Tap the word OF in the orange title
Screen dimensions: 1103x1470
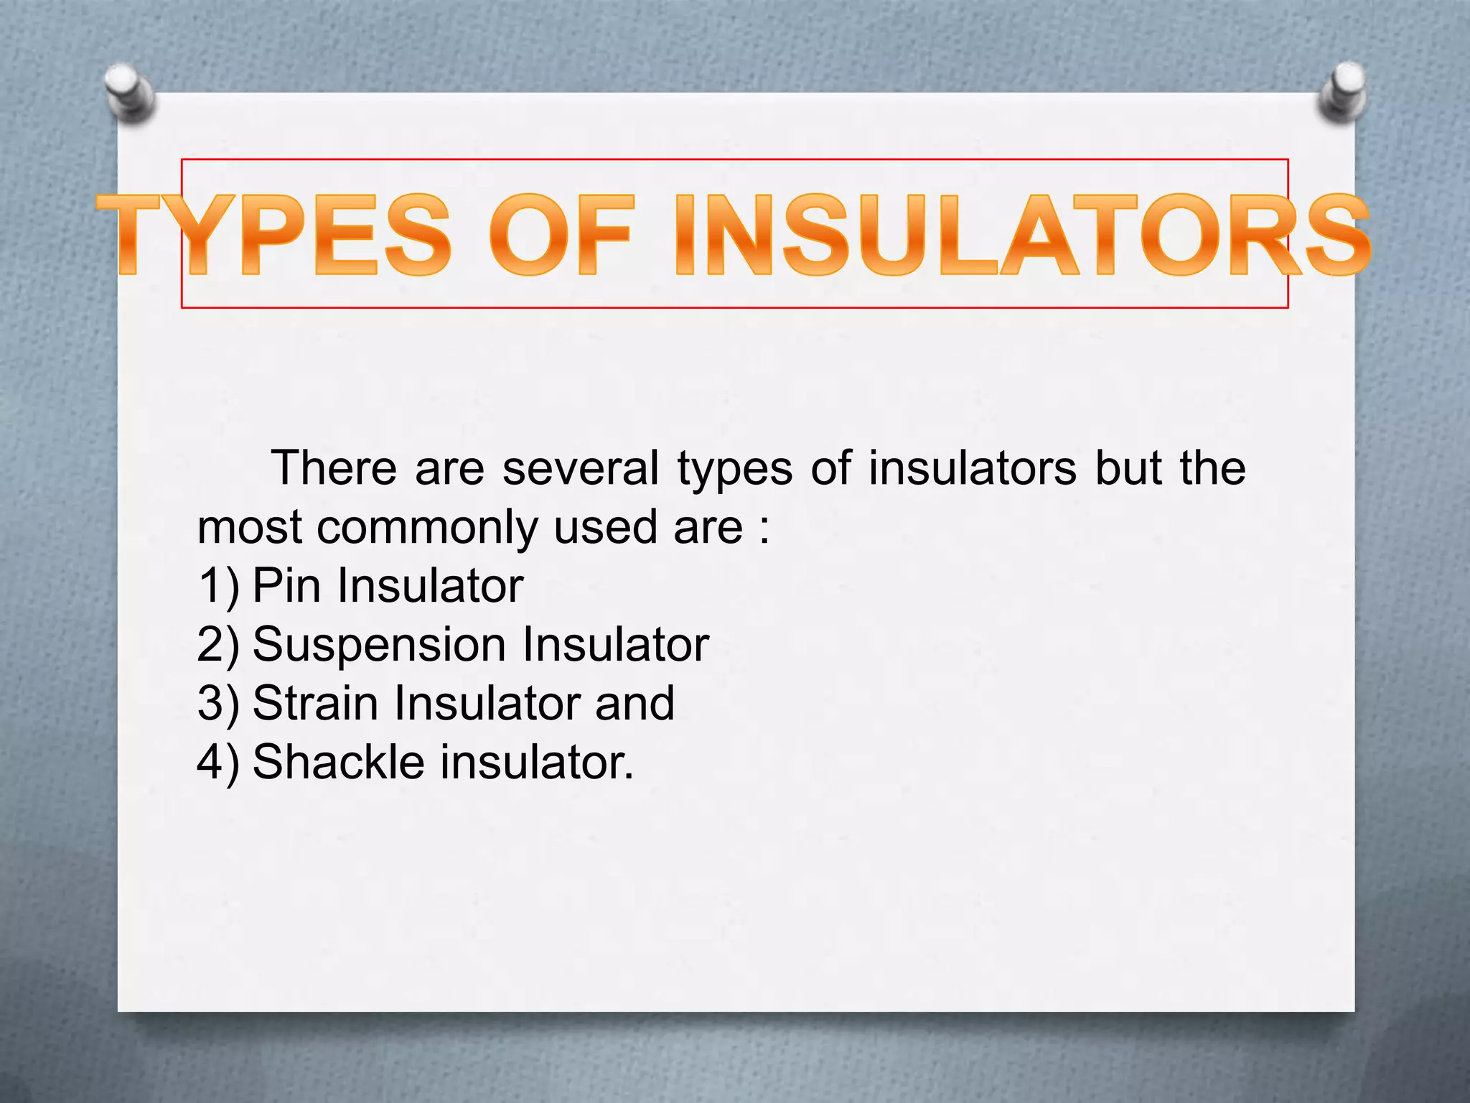click(562, 236)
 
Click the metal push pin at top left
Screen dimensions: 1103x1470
click(130, 93)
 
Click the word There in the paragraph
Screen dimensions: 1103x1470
click(334, 468)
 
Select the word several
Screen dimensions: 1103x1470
click(580, 468)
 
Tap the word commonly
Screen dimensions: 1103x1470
click(427, 527)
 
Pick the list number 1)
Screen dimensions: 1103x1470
click(217, 586)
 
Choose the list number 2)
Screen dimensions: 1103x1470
click(217, 645)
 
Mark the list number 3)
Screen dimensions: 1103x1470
click(217, 704)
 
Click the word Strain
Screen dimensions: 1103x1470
click(315, 704)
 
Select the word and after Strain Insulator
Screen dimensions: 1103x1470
click(635, 704)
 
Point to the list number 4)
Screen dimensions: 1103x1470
click(217, 763)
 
